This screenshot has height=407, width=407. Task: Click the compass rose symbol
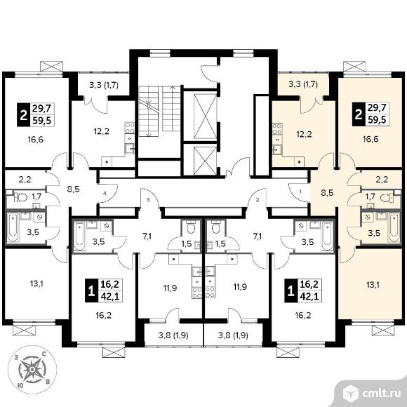point(32,369)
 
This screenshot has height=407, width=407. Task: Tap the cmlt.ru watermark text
point(381,394)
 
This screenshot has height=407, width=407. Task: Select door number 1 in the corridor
point(300,192)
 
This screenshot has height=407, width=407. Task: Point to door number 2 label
point(258,200)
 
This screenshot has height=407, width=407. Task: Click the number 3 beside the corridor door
point(148,200)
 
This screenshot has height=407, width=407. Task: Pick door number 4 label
point(105,194)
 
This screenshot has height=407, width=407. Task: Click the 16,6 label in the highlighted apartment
point(371,140)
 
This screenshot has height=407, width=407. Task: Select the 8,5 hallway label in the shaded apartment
point(327,193)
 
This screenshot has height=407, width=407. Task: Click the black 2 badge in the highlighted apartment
point(359,114)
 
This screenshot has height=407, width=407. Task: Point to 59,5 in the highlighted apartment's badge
point(377,120)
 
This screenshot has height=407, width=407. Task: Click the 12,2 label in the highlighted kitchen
point(304,134)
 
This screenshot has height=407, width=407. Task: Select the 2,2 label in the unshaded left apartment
point(25,179)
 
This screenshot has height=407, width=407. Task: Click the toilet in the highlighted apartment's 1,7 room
point(387,199)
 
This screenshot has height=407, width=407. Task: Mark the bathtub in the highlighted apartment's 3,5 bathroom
point(394,227)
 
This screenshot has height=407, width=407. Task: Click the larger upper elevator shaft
point(205,116)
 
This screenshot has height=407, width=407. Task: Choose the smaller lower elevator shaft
point(205,161)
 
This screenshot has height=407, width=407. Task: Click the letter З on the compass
point(16,358)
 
